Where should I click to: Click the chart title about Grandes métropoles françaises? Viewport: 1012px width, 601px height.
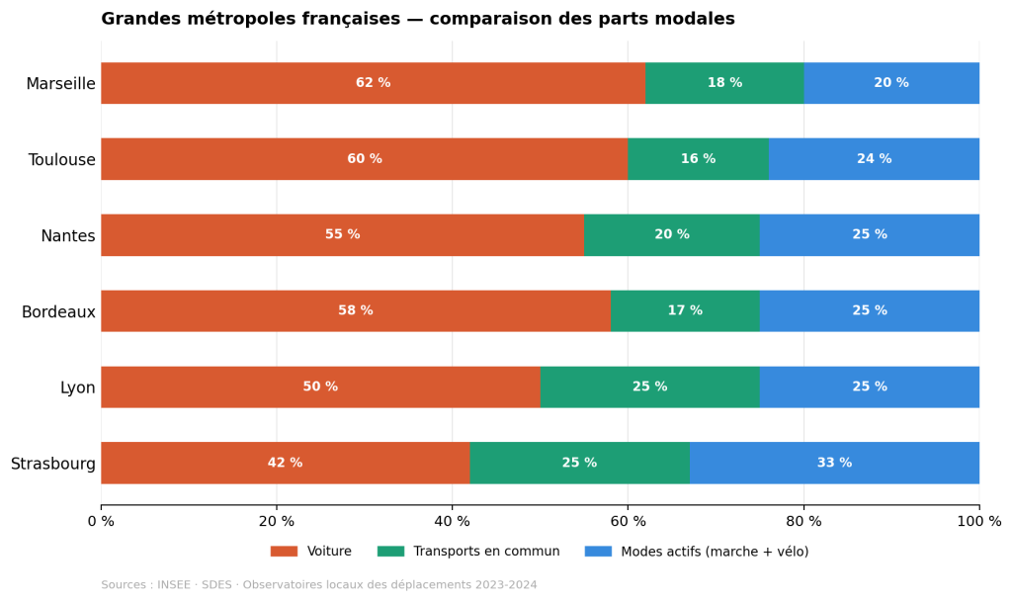[x=417, y=20]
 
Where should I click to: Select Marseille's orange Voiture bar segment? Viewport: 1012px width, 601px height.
[x=296, y=83]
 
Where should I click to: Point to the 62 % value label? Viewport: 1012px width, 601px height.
[x=373, y=83]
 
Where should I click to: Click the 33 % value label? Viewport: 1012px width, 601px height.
[x=834, y=463]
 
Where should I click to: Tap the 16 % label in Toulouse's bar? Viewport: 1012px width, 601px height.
[x=698, y=159]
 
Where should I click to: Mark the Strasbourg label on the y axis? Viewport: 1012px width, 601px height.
[x=53, y=464]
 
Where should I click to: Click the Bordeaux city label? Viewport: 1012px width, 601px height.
[x=58, y=312]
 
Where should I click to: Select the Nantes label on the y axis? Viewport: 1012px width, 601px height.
[x=67, y=236]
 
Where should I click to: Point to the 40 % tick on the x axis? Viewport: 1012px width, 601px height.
[x=452, y=522]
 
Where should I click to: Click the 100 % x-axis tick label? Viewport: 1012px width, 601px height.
[x=978, y=522]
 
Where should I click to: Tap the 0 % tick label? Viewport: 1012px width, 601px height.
[x=101, y=522]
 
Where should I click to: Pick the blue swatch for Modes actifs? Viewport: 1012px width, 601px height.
[x=598, y=552]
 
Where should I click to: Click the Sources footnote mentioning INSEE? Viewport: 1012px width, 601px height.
[x=318, y=585]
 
